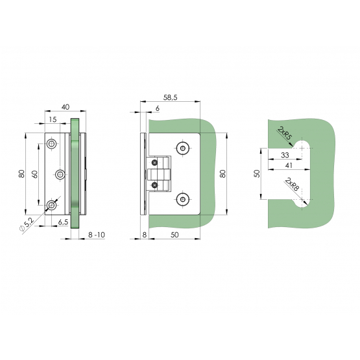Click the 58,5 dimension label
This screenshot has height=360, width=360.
tap(171, 97)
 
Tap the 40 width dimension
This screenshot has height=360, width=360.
tap(66, 107)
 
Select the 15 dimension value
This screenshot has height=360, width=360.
tap(53, 119)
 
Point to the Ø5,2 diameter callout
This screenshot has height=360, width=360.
tap(27, 225)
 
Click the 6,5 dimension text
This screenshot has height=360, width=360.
tap(63, 222)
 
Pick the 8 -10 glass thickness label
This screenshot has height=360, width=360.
tap(97, 235)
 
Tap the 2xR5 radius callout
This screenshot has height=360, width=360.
tap(284, 133)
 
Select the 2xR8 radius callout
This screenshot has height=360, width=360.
tap(292, 184)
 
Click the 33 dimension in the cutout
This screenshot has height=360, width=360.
tap(285, 155)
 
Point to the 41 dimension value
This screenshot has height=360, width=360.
tap(289, 165)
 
